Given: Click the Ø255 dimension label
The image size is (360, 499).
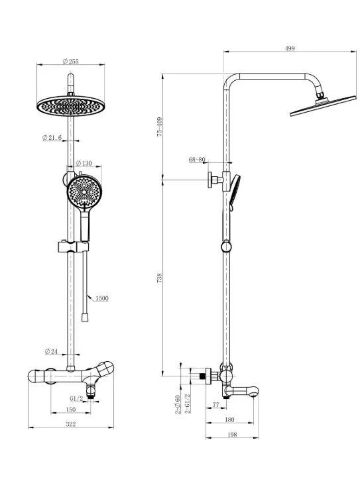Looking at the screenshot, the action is (x=71, y=61).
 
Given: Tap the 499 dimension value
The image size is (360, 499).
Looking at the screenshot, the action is (x=290, y=48).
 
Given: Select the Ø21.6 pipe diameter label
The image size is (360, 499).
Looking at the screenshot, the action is (x=52, y=137).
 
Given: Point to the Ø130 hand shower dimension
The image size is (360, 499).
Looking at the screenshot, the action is (x=84, y=163).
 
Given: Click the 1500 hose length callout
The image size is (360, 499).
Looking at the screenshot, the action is (x=102, y=298).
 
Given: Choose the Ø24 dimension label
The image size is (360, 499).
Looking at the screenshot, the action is (x=51, y=351).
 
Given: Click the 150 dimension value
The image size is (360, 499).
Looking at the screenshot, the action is (x=71, y=410).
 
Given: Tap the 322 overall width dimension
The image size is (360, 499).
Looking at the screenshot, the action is (x=71, y=424).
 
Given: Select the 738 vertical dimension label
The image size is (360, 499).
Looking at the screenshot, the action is (x=160, y=278).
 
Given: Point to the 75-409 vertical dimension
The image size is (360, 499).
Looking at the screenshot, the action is (x=160, y=127).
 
